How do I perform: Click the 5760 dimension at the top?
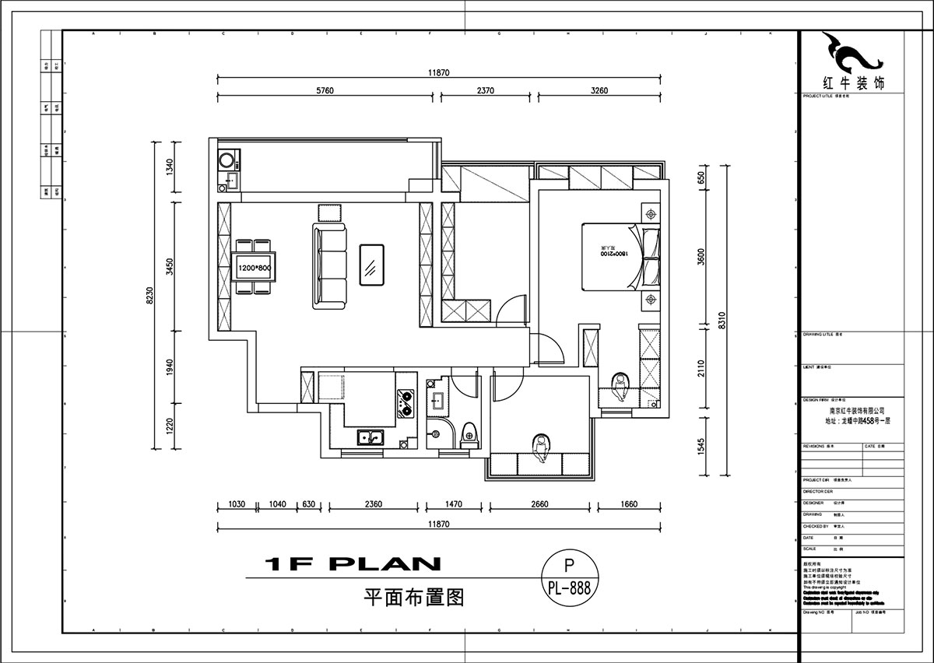(x=325, y=90)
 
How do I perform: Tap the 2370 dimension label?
(x=485, y=90)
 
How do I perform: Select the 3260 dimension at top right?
(x=599, y=90)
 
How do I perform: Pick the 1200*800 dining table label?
(x=255, y=268)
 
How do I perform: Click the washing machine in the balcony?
(x=227, y=161)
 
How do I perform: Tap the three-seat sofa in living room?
(x=329, y=265)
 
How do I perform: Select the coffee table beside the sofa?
(x=371, y=265)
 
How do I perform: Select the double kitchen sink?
(x=370, y=437)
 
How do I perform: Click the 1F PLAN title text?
(x=353, y=563)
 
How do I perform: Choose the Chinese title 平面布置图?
(x=414, y=598)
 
